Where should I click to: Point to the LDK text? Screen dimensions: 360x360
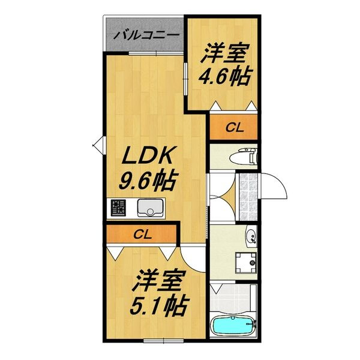point(148,158)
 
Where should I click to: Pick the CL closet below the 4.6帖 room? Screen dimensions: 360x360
point(233,127)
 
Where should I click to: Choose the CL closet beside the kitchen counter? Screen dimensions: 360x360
point(142,234)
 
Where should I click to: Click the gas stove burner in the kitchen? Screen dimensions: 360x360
point(118,209)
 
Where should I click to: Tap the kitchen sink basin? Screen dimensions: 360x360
point(148,208)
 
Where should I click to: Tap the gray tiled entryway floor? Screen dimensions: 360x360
point(245,191)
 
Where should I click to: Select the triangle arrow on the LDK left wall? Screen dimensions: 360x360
point(99,145)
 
